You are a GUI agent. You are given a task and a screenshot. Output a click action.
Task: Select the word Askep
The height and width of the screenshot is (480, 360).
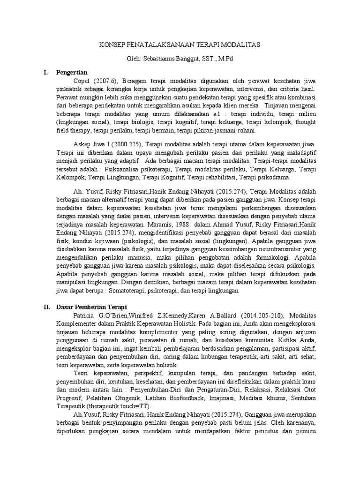82,142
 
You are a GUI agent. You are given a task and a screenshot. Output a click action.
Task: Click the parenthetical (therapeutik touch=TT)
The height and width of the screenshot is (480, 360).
123,406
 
